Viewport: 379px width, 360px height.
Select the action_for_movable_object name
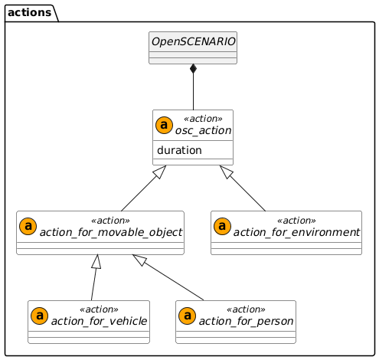(109, 232)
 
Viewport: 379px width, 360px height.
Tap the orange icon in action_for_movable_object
(28, 226)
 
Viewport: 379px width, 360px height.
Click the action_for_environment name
(296, 232)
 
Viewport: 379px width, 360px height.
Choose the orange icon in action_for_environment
(223, 226)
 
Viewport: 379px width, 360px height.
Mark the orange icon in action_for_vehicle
(39, 316)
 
